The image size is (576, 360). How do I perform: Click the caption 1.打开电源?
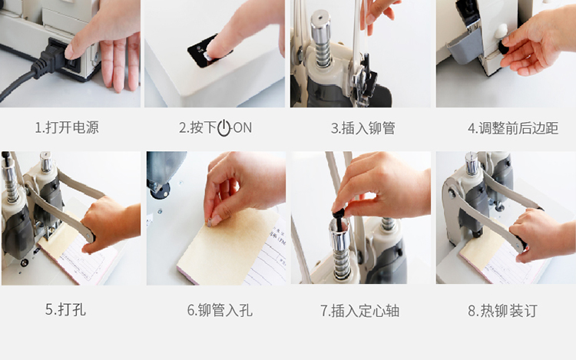click(x=67, y=127)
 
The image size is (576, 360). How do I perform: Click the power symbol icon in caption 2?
click(x=223, y=128)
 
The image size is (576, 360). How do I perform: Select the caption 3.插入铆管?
click(x=363, y=128)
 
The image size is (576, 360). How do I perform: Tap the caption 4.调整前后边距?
click(x=513, y=128)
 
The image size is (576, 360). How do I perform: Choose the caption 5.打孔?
click(x=65, y=309)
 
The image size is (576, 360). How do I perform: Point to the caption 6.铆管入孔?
click(x=220, y=310)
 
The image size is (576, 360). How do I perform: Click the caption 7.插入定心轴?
click(x=359, y=310)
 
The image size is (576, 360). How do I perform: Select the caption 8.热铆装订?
click(x=502, y=310)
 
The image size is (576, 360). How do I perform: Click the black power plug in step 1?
click(x=55, y=58)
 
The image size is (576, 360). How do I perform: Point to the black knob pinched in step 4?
click(x=503, y=46)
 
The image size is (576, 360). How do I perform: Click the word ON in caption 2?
click(x=243, y=127)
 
